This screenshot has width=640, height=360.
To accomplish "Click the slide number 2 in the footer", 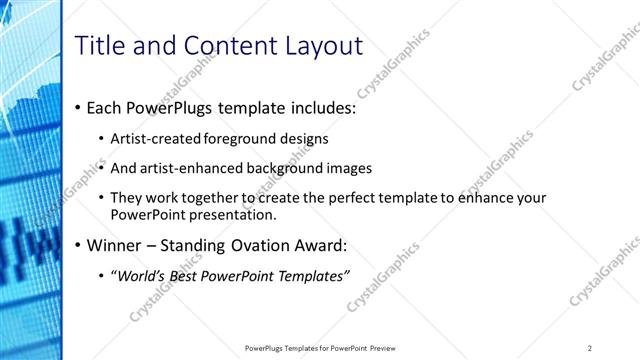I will point(590,348).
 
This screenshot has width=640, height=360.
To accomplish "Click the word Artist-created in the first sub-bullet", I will point(158,139).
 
